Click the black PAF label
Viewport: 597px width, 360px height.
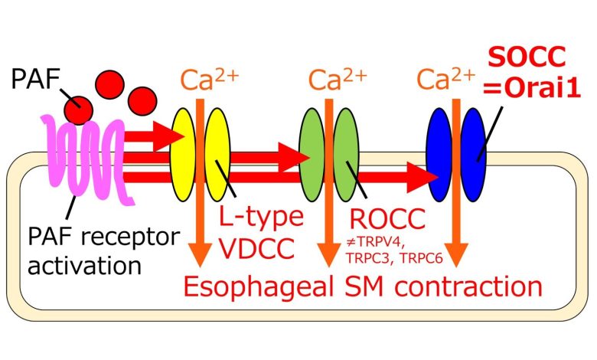tap(35, 79)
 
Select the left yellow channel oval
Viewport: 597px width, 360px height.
tap(182, 155)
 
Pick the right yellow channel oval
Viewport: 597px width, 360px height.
tap(218, 155)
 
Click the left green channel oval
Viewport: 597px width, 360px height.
tap(312, 155)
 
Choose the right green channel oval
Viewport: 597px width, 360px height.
tap(347, 155)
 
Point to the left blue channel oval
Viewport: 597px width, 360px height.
tap(439, 155)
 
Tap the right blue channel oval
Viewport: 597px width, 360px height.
tap(474, 155)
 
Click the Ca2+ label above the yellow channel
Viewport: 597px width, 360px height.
tap(209, 80)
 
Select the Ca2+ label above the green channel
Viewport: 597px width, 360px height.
tap(338, 80)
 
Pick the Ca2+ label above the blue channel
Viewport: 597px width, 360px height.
tap(446, 79)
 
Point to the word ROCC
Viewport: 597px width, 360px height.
tap(387, 219)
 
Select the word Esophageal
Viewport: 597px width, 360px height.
tap(259, 287)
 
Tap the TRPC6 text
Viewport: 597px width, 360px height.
tap(422, 259)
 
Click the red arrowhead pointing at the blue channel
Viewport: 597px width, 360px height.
tap(422, 177)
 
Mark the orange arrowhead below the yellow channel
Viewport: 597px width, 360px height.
tap(201, 254)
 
